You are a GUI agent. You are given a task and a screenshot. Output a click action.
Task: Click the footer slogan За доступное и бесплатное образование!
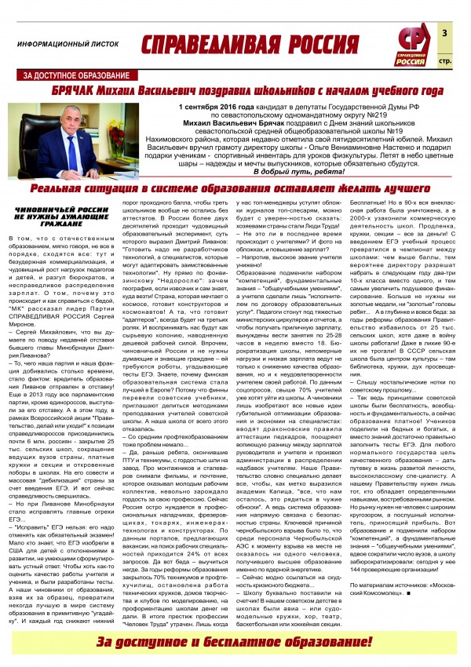click(235, 641)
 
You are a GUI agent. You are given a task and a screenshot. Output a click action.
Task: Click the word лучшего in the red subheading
click(411, 188)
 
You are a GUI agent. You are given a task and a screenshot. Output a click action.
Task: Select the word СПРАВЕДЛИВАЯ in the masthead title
click(203, 44)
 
